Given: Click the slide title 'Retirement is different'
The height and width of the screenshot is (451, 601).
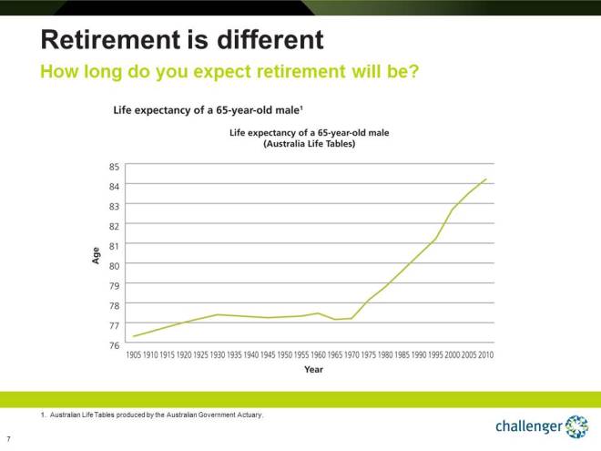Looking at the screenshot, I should coord(182,40).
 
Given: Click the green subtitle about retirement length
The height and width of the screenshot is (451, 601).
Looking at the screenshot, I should coord(229,71).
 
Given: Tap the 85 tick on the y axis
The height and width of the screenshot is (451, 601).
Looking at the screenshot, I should coord(114,167).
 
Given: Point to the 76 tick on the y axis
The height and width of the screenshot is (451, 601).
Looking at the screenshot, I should coord(114,344).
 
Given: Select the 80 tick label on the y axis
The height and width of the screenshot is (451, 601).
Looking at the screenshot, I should coord(114,265).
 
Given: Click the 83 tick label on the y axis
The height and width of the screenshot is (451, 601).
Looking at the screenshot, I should coord(114,206).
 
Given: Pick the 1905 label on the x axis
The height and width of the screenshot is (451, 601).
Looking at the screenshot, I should coord(135,354).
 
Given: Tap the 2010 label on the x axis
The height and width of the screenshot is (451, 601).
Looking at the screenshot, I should coord(486,354).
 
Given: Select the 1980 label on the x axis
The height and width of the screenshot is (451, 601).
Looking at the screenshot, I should coord(386,354).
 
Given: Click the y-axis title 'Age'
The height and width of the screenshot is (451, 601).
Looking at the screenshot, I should coord(96,256).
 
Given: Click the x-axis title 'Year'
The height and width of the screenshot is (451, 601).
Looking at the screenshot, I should coord(313,370).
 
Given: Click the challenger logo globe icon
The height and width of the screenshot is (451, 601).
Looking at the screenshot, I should coord(576,425).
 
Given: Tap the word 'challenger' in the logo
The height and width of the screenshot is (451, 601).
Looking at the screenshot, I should coord(528,426).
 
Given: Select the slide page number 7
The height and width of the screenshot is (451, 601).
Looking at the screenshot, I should coord(8,438).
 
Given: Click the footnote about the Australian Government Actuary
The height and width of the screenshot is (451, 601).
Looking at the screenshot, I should coord(152,415).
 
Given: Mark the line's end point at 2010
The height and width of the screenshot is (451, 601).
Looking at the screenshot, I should coord(486,179).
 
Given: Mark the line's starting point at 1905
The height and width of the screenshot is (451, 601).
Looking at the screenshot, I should coord(135,336).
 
